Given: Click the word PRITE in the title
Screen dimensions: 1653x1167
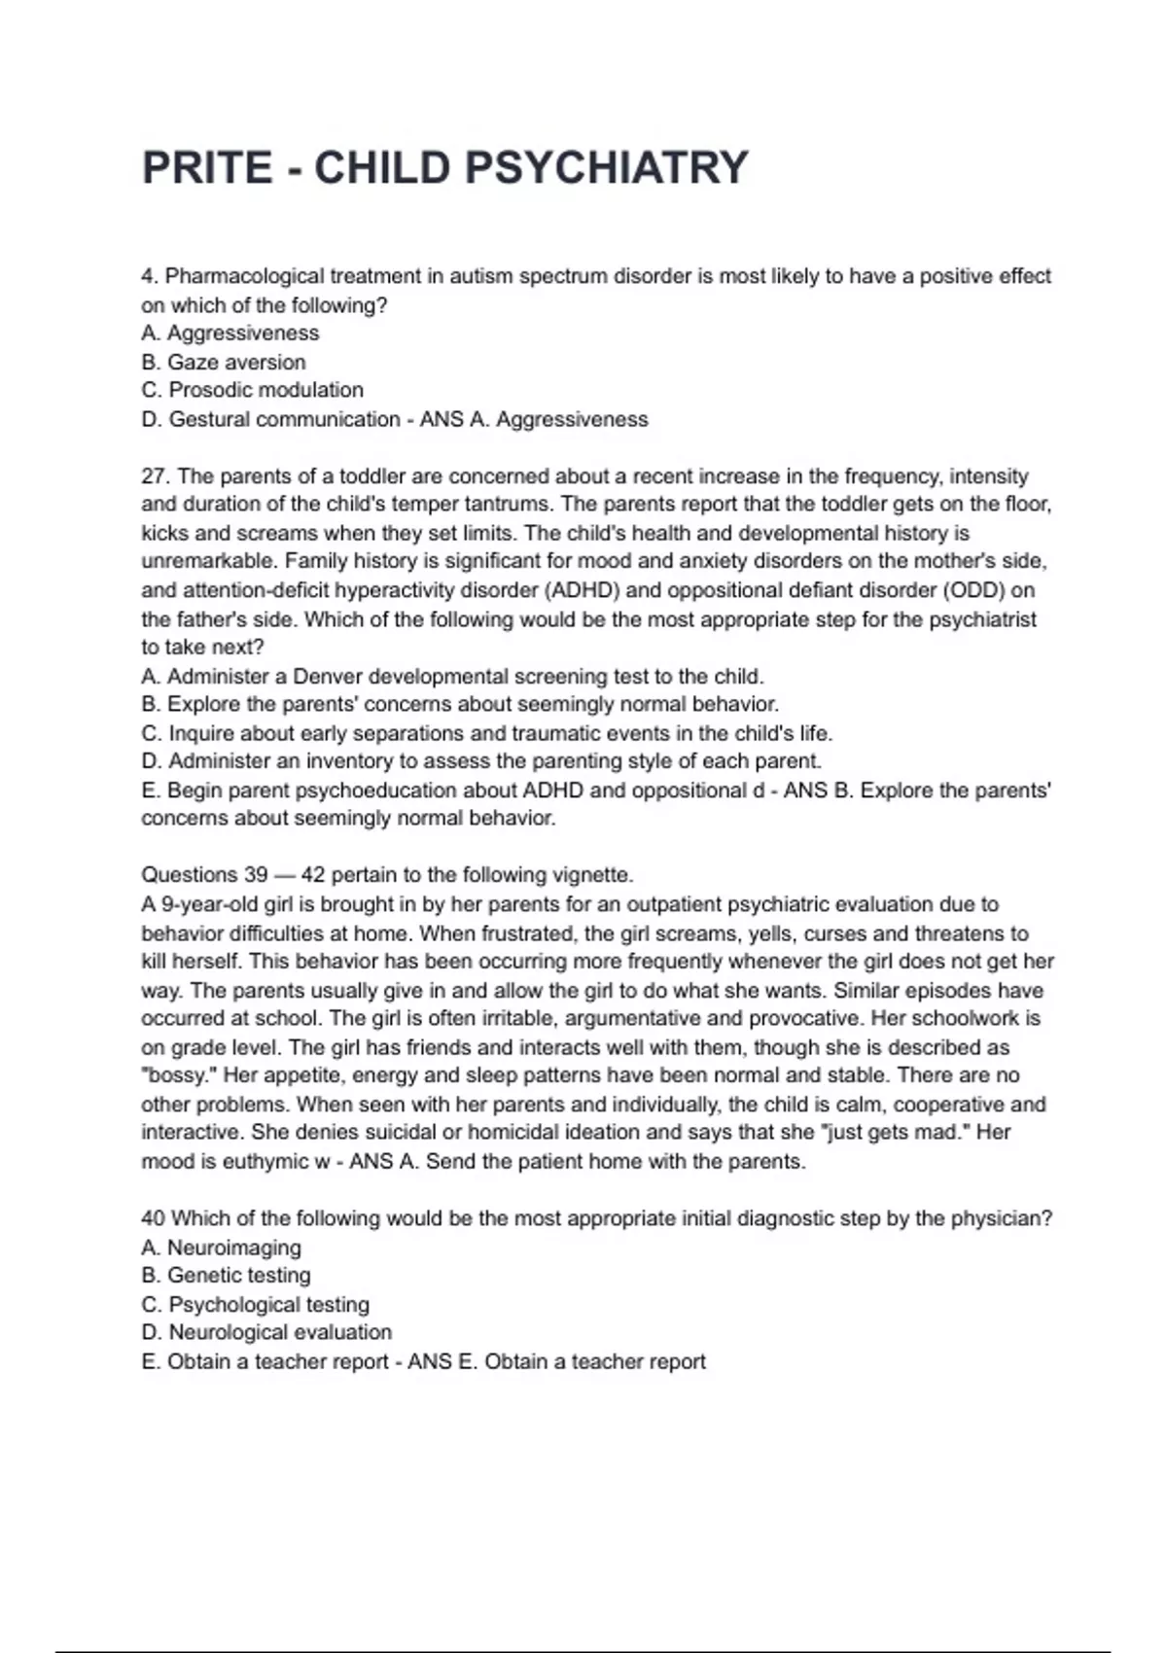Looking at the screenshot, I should point(207,167).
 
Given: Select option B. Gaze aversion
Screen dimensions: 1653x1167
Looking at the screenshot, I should point(224,362).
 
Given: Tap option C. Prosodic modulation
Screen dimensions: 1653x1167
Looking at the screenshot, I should point(253,390).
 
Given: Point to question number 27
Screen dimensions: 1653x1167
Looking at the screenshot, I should point(155,476).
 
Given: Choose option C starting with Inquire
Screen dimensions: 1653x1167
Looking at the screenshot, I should point(486,733).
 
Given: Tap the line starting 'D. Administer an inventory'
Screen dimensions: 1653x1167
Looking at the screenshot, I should point(481,761).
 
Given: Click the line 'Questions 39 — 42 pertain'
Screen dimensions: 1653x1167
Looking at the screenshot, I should point(387,874).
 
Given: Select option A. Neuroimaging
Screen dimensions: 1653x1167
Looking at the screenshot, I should point(222,1248).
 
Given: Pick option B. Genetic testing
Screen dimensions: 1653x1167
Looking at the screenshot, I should point(227,1276).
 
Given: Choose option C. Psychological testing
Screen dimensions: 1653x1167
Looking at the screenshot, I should point(256,1304).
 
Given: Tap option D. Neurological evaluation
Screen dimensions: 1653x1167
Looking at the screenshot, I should point(266,1332).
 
